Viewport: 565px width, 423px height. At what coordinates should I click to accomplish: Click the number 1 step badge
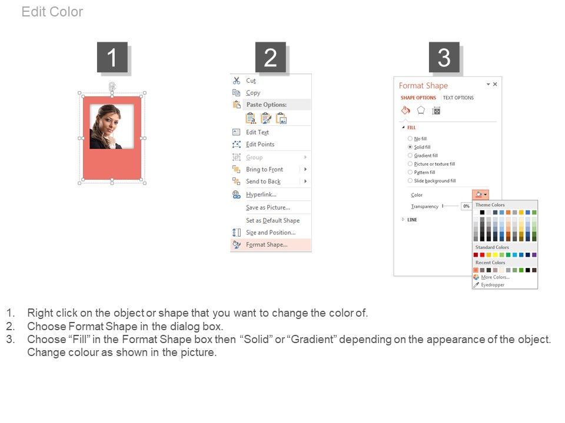(x=112, y=57)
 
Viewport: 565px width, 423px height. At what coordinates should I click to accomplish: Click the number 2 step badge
(x=271, y=57)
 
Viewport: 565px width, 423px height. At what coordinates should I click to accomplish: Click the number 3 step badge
(x=444, y=57)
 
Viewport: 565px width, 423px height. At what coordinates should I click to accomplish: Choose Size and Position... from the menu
(x=271, y=233)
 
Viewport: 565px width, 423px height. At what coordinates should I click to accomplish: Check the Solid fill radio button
(x=410, y=147)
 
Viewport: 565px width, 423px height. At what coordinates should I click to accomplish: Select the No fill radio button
(x=410, y=139)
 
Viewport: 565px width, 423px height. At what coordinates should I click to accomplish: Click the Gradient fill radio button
(x=410, y=155)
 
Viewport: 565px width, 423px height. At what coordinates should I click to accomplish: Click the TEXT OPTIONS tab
(x=458, y=98)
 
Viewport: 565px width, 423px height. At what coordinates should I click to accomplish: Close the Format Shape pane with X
(x=495, y=84)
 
